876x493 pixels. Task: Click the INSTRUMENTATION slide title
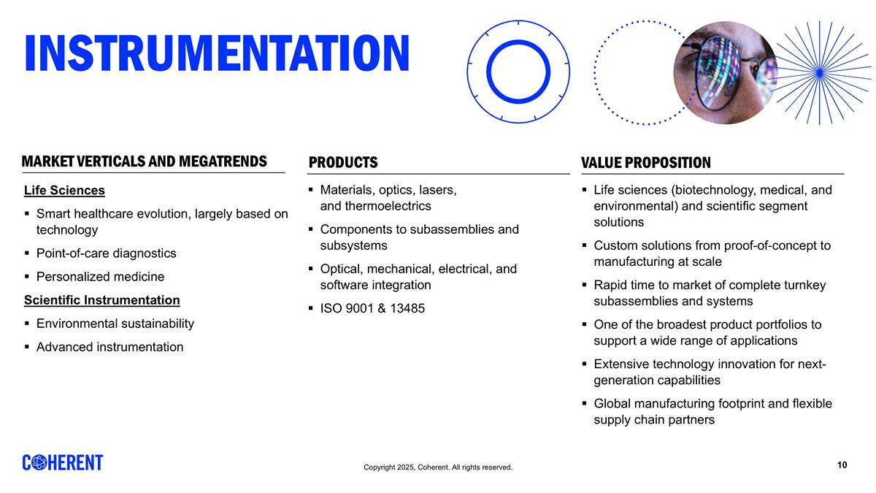[x=217, y=53]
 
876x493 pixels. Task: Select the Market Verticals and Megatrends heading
[x=144, y=161]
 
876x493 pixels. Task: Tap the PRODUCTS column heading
[x=343, y=162]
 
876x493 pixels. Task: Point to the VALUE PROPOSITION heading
[x=645, y=162]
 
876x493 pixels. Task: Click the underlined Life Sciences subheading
[x=64, y=191]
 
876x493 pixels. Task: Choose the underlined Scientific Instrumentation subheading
[x=101, y=300]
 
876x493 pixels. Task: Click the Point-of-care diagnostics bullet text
[x=106, y=253]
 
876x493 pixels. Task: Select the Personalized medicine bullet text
[x=100, y=277]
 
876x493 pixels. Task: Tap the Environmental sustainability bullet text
[x=115, y=324]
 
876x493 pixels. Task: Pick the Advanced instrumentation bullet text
[x=109, y=347]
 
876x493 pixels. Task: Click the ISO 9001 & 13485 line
[x=372, y=308]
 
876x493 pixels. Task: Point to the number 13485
[x=406, y=308]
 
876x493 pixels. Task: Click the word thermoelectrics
[x=388, y=206]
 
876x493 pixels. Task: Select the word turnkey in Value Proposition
[x=804, y=285]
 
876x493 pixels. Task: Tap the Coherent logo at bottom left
[x=63, y=463]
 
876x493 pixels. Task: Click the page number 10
[x=842, y=465]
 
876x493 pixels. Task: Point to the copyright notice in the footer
[x=438, y=467]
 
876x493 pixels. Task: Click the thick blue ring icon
[x=518, y=71]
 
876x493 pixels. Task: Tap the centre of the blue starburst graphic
[x=818, y=72]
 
